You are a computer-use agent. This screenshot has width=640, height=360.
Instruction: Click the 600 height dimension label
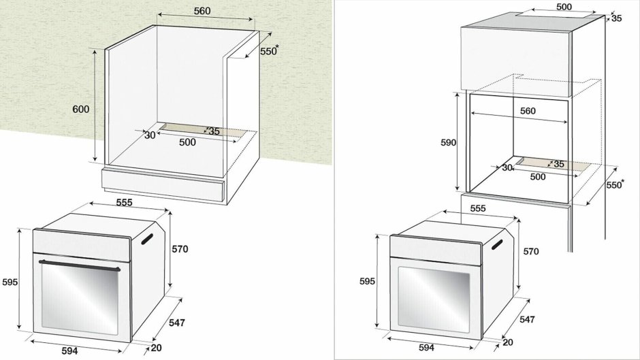point(80,109)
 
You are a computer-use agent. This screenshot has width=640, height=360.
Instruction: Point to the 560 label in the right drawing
point(528,111)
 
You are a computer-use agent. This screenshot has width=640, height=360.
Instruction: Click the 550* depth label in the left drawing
point(270,51)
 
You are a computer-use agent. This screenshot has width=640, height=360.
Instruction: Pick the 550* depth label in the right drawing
point(615,184)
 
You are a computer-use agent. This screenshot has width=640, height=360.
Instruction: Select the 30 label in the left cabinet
point(150,135)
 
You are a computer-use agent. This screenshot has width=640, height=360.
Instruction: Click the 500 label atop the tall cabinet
point(564,6)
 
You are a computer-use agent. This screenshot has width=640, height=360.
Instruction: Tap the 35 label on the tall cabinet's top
point(616,18)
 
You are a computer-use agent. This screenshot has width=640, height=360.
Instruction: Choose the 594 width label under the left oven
point(70,350)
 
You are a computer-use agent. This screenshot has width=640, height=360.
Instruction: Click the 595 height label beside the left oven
point(10,282)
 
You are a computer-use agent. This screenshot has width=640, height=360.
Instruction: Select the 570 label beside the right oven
point(530,251)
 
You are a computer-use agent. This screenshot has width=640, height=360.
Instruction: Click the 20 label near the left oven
point(156,348)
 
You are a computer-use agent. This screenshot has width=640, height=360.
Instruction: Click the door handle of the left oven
point(79,264)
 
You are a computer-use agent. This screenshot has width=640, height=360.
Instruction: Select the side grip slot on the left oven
point(148,238)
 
